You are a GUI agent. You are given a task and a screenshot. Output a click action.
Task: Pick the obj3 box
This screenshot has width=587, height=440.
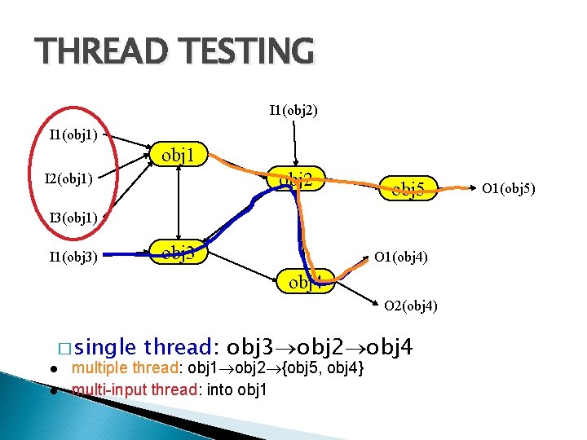pyautogui.click(x=179, y=253)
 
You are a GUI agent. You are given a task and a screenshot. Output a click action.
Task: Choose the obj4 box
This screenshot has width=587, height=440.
pyautogui.click(x=305, y=283)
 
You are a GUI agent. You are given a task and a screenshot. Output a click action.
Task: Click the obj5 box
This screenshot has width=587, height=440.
pyautogui.click(x=408, y=190)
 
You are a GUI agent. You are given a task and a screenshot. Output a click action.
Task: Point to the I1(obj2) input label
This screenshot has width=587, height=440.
pyautogui.click(x=293, y=108)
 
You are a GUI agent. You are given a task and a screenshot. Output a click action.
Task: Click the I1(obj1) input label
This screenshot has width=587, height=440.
pyautogui.click(x=73, y=134)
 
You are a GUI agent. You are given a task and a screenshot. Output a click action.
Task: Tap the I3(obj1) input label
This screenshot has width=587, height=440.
pyautogui.click(x=73, y=218)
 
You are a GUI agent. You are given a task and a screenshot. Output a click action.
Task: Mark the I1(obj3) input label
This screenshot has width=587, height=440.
pyautogui.click(x=73, y=258)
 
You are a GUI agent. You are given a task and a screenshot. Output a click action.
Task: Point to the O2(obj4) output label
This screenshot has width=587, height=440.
pyautogui.click(x=411, y=306)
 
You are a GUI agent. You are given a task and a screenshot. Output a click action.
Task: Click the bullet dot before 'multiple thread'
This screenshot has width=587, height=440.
pyautogui.click(x=52, y=370)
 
